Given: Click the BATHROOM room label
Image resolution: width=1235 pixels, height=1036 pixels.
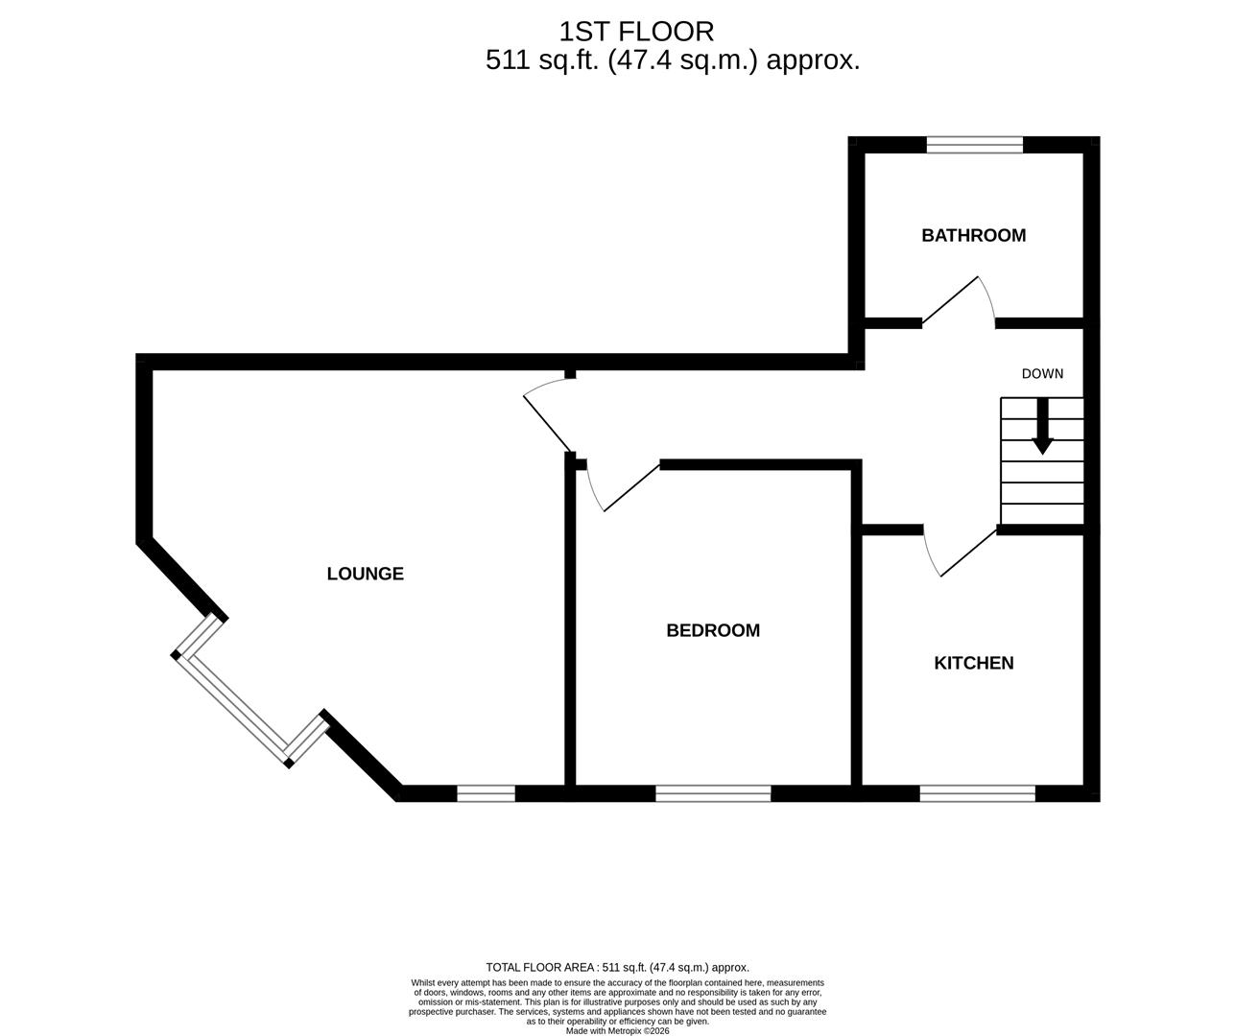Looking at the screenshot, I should click(x=973, y=235).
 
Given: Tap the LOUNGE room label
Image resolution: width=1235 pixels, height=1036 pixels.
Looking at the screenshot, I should click(x=365, y=574).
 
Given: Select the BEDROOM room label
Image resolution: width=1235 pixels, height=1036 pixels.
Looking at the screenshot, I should click(x=713, y=630).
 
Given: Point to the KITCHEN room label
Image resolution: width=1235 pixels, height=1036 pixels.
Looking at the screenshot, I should click(x=973, y=663).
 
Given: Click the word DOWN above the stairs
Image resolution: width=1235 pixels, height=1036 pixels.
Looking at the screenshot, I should click(x=1042, y=374).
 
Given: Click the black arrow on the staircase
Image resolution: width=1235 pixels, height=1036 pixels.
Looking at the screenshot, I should click(x=1042, y=428).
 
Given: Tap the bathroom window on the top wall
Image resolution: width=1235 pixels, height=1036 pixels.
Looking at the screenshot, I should click(x=974, y=145).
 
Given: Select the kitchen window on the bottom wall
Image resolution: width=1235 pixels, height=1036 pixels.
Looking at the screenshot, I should click(x=977, y=793).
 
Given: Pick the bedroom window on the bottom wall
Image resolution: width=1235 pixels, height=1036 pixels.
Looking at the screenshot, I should click(x=713, y=793).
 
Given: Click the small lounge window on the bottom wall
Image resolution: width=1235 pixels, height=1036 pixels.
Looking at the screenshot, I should click(x=486, y=793).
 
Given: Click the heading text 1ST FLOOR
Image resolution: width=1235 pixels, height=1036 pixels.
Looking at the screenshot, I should click(x=636, y=32).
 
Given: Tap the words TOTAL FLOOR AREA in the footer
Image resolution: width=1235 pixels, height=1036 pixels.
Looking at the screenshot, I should click(x=540, y=968).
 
